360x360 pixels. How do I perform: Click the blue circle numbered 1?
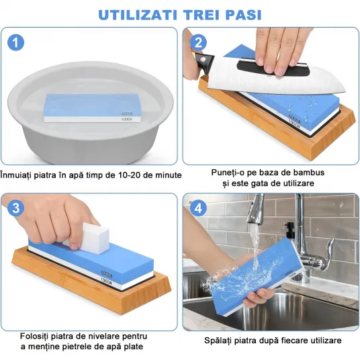tap(15, 42)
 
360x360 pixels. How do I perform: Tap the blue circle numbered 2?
tap(198, 42)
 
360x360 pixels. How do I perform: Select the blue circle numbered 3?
tap(15, 208)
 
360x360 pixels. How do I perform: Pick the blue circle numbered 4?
tap(198, 208)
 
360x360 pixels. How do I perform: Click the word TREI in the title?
tap(201, 15)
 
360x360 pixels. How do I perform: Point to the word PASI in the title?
tap(244, 15)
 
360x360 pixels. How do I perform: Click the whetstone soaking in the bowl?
tap(93, 108)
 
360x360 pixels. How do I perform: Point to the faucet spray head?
tap(255, 210)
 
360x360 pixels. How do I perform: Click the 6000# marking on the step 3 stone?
tap(107, 274)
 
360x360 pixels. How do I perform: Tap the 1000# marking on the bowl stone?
tap(127, 119)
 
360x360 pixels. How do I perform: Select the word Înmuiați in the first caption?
tap(15, 175)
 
